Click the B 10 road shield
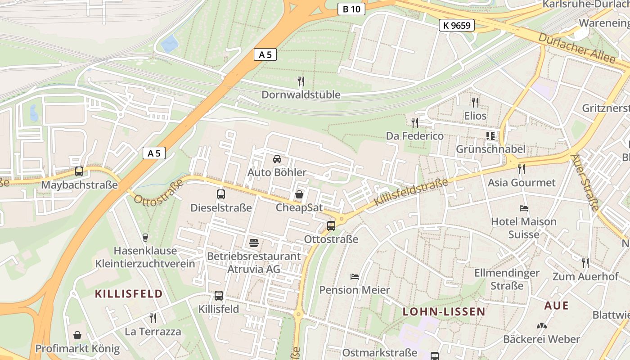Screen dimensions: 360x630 [351, 9]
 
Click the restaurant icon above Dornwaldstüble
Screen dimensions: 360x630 [301, 81]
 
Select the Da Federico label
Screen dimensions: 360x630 [415, 136]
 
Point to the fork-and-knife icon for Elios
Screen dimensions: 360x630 [475, 103]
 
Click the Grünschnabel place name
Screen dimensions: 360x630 [490, 149]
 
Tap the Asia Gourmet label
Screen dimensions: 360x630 [522, 183]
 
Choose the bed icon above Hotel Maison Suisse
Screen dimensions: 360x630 [524, 208]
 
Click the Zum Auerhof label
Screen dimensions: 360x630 [585, 277]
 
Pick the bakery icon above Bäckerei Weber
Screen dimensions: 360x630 [541, 325]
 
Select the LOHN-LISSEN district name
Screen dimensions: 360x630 [444, 311]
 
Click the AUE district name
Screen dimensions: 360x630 [556, 306]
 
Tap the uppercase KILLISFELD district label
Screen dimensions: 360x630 [129, 294]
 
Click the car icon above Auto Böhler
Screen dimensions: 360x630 [277, 159]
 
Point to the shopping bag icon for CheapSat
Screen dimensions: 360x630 [299, 194]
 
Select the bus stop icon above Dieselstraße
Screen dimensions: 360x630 [221, 194]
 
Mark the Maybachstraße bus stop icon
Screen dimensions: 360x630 [79, 171]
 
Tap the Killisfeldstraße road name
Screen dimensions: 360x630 [411, 192]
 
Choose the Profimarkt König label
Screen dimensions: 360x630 [77, 349]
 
